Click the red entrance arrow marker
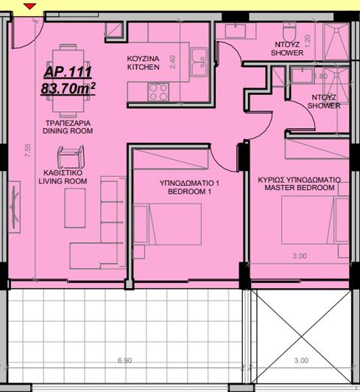pyautogui.click(x=29, y=7)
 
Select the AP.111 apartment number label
pyautogui.click(x=63, y=73)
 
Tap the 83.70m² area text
pyautogui.click(x=68, y=89)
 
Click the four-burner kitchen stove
pyautogui.click(x=157, y=92)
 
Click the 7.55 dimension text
pyautogui.click(x=27, y=152)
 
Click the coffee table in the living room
pyautogui.click(x=75, y=209)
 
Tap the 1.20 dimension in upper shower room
pyautogui.click(x=308, y=41)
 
